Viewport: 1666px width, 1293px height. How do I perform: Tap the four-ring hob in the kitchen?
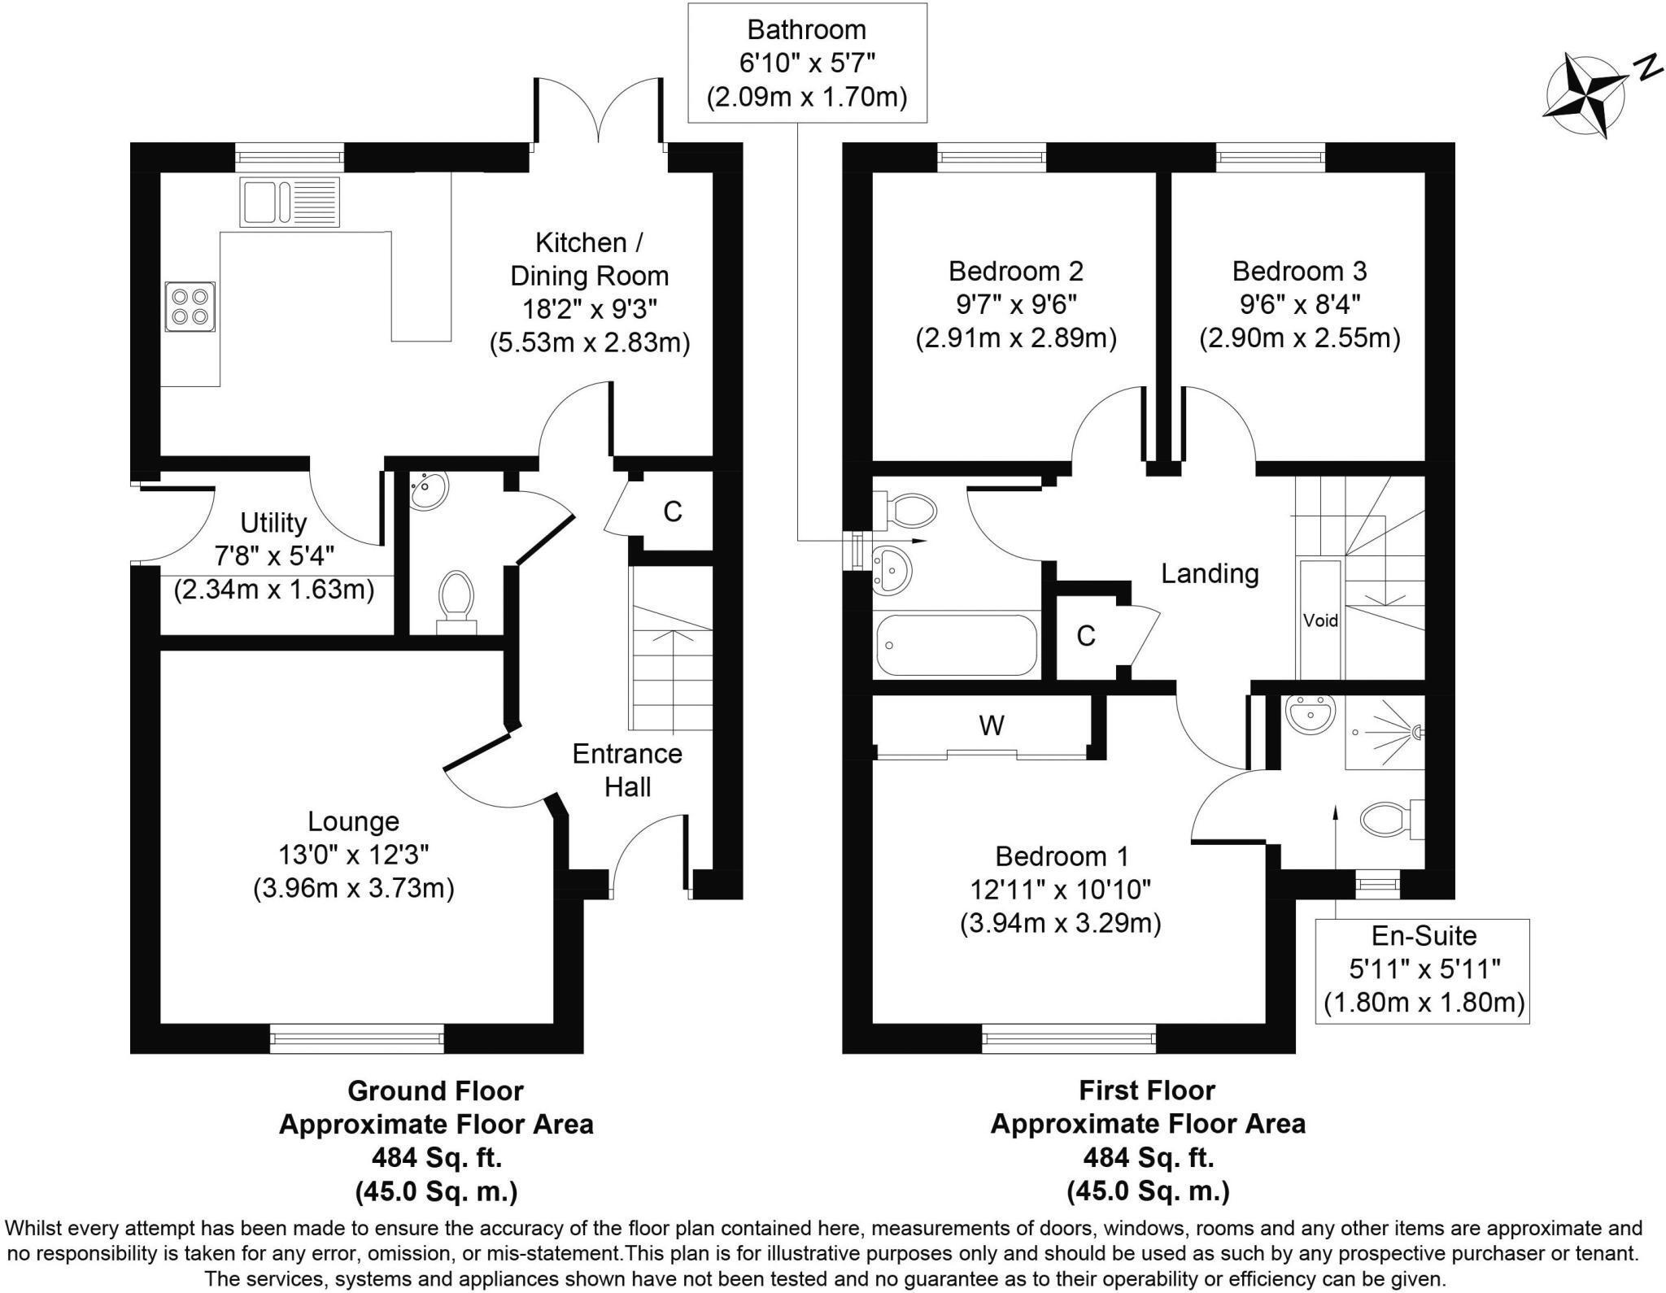(190, 307)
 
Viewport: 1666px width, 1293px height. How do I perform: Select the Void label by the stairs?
(1320, 620)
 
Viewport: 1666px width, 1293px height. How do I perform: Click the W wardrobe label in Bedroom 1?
(991, 725)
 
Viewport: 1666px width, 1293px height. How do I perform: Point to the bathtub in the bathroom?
(957, 645)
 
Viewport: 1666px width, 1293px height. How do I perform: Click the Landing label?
(1210, 573)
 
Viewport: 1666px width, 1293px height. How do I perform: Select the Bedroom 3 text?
(1299, 271)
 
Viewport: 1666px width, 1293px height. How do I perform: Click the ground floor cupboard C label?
(672, 512)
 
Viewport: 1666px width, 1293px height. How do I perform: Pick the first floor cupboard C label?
(1085, 636)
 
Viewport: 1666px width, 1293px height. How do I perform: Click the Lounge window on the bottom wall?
(357, 1038)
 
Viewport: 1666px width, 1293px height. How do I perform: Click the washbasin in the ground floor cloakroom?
(428, 490)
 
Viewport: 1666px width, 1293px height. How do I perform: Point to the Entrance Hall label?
(627, 770)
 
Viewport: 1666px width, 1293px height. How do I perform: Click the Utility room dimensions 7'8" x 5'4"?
(274, 556)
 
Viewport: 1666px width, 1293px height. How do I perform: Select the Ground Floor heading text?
(435, 1090)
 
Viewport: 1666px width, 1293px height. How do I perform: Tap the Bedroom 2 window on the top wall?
(992, 157)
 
